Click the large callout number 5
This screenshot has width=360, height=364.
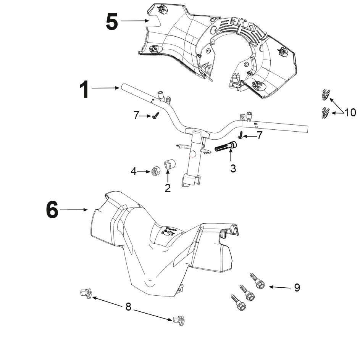[x=112, y=22]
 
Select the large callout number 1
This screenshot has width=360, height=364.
[x=84, y=89]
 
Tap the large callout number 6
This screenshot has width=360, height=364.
[x=52, y=210]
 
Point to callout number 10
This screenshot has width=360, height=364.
[x=350, y=113]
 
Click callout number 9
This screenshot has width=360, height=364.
[x=297, y=287]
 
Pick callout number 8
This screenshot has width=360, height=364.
[x=128, y=307]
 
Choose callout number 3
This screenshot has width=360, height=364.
[x=233, y=169]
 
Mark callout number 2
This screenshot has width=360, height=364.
[x=168, y=188]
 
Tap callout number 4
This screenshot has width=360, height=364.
[x=134, y=172]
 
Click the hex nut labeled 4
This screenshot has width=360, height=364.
[x=155, y=171]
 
